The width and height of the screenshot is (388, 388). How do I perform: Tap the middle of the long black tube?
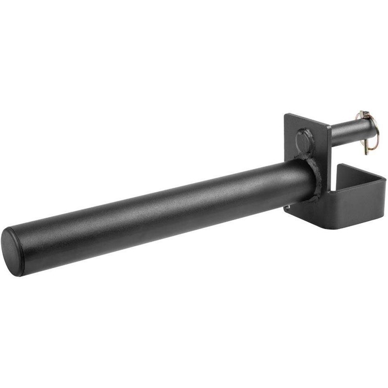160,204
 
